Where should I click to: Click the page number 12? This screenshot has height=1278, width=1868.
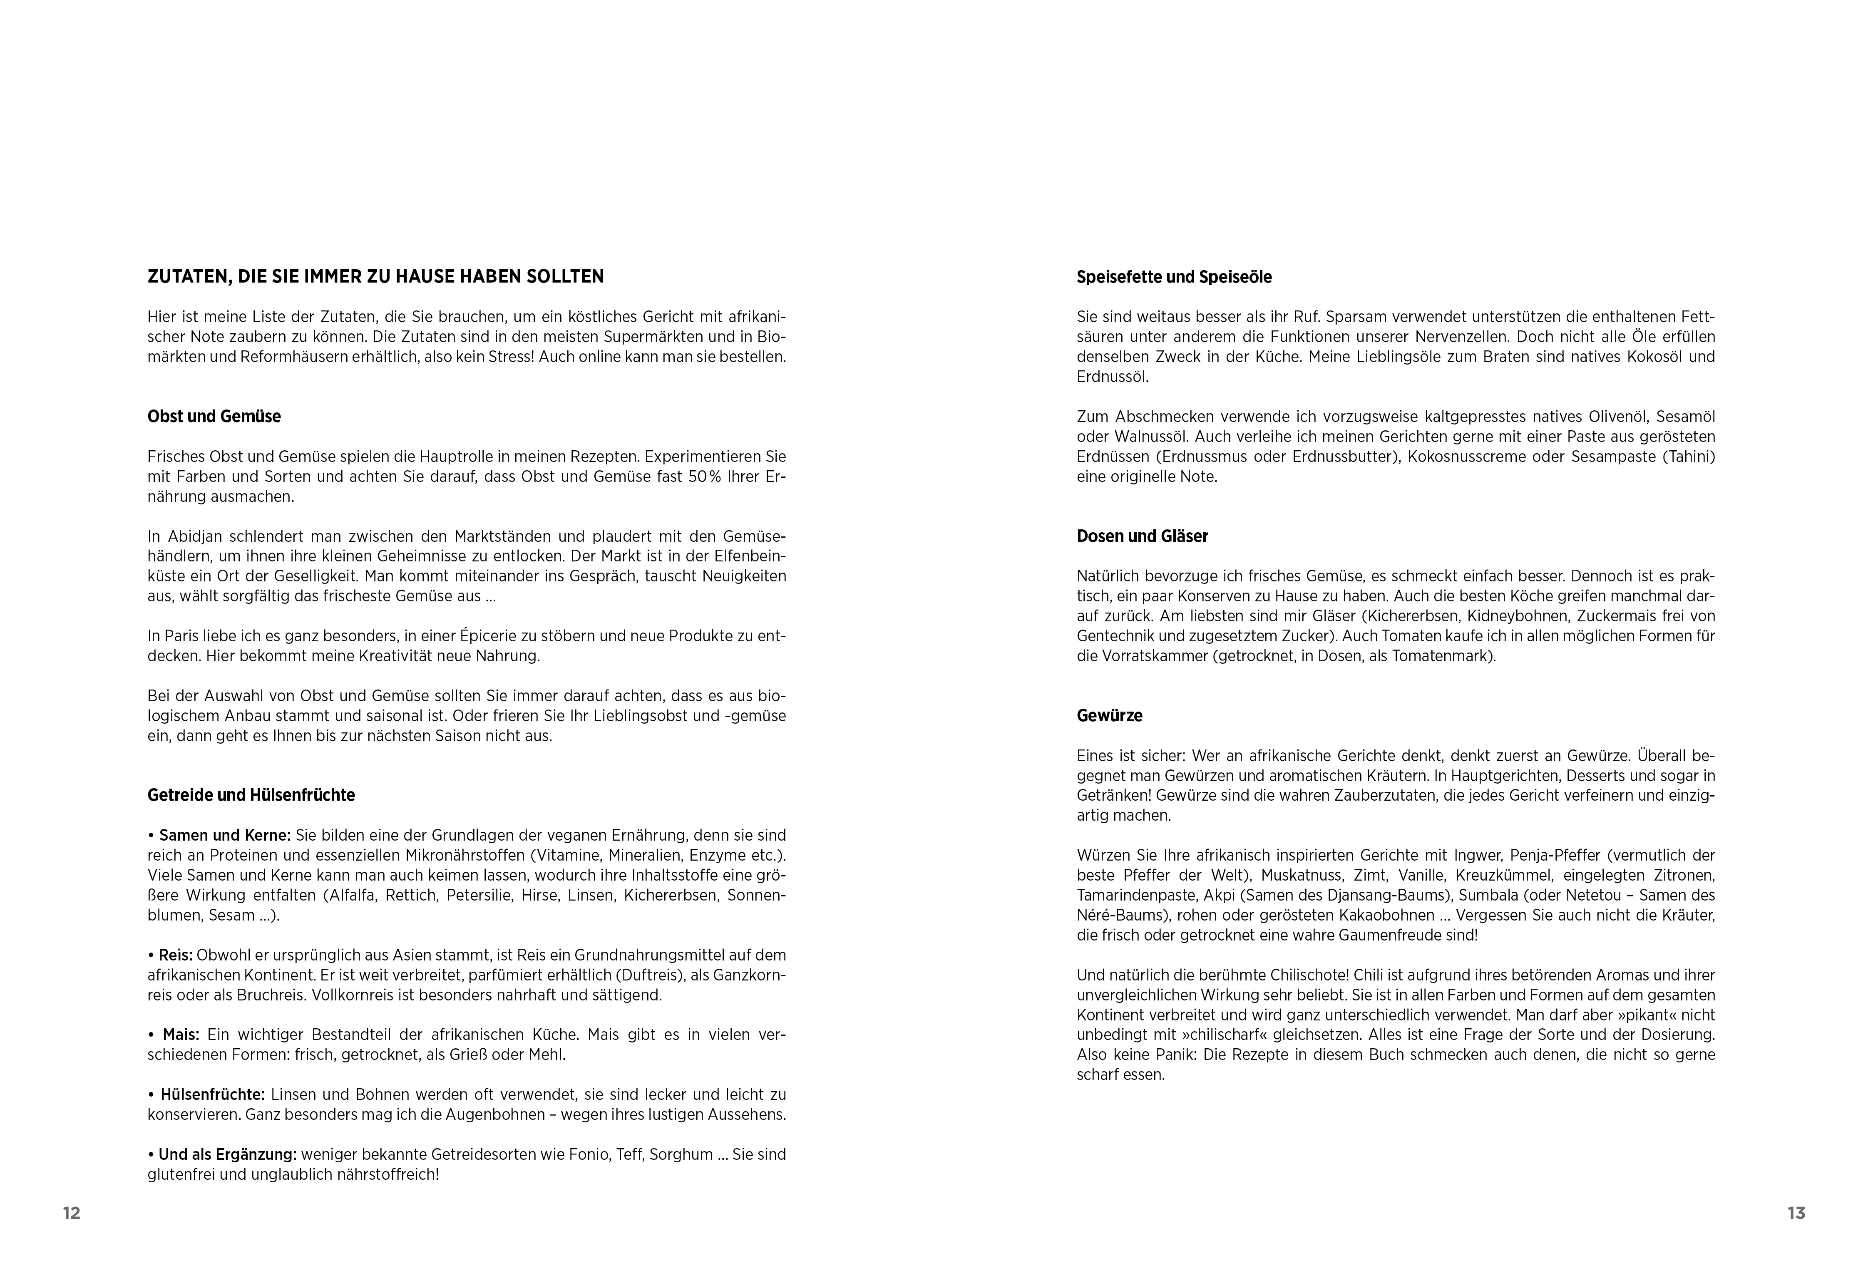[72, 1213]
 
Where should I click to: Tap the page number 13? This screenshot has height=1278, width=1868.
[1796, 1213]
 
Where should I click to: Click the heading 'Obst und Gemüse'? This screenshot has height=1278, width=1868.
[214, 416]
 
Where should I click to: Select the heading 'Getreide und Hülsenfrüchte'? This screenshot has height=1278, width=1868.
[251, 795]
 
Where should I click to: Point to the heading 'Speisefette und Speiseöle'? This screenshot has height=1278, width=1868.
[1173, 277]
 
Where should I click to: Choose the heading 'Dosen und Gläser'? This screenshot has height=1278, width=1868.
[1142, 536]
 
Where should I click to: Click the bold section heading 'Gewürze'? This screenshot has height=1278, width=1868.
[1109, 715]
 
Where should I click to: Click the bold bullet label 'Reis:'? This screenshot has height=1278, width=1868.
[175, 955]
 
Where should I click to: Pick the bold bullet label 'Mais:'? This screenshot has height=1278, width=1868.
[181, 1035]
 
